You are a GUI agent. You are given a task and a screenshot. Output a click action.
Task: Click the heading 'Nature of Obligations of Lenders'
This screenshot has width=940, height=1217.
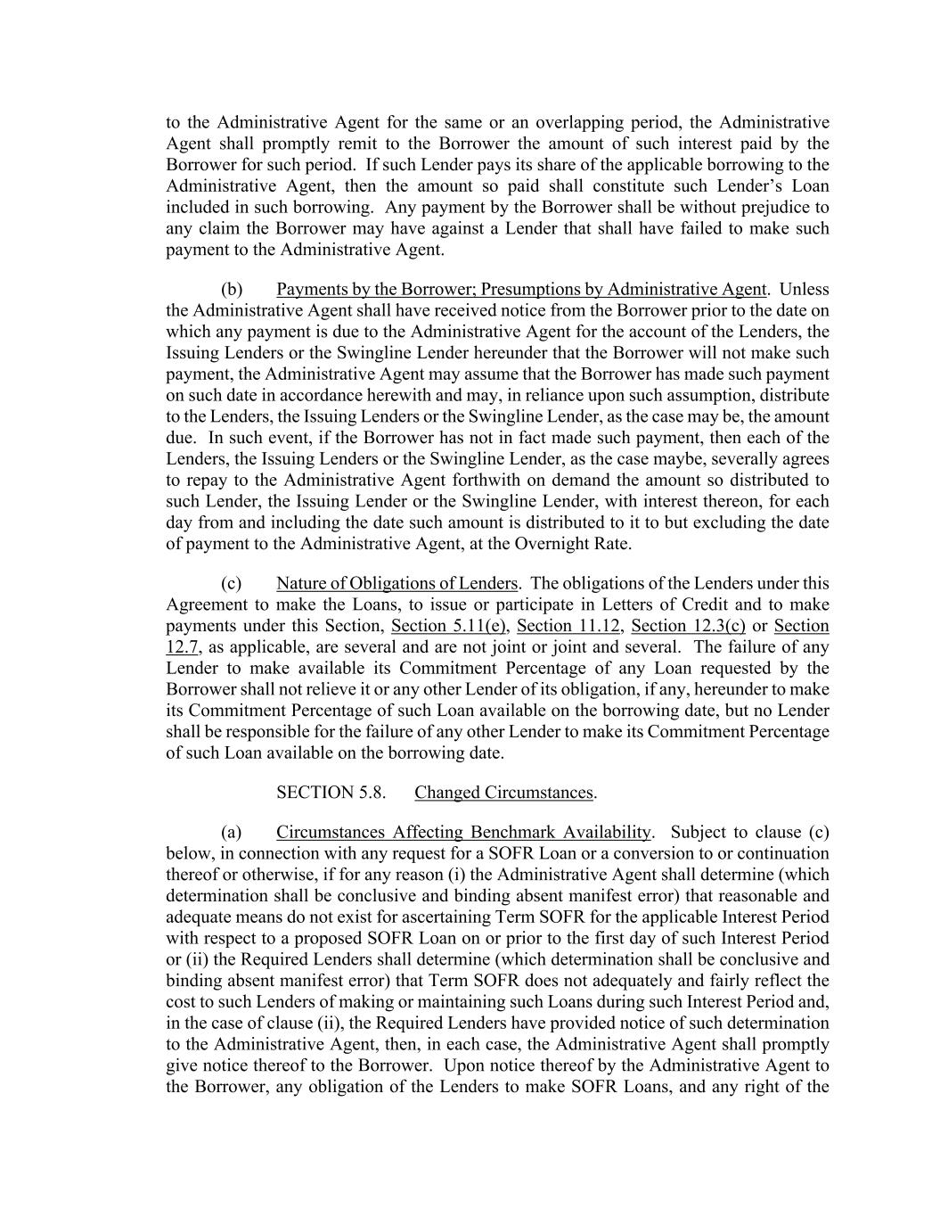pyautogui.click(x=396, y=584)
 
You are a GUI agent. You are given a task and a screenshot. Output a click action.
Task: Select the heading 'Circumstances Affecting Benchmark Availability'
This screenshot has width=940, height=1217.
pyautogui.click(x=463, y=833)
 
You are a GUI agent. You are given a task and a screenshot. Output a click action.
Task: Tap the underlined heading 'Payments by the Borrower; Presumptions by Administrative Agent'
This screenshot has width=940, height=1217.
pyautogui.click(x=521, y=290)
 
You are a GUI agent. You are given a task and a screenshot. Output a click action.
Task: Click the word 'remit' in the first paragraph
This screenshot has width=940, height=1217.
pyautogui.click(x=364, y=144)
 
